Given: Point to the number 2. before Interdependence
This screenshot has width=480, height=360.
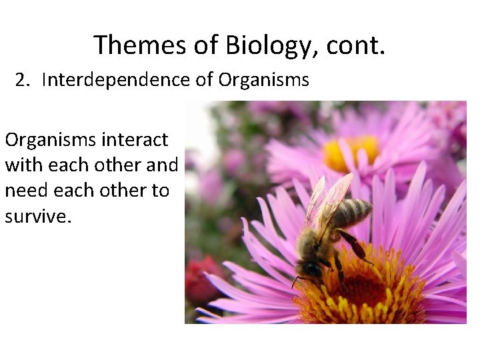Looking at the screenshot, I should [25, 80].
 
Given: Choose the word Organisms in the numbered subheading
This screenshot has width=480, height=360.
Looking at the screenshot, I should [264, 80].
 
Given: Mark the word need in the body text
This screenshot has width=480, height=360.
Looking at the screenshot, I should [25, 190].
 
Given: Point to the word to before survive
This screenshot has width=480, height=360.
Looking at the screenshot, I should [160, 190].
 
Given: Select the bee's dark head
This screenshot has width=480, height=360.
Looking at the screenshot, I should [310, 269].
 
